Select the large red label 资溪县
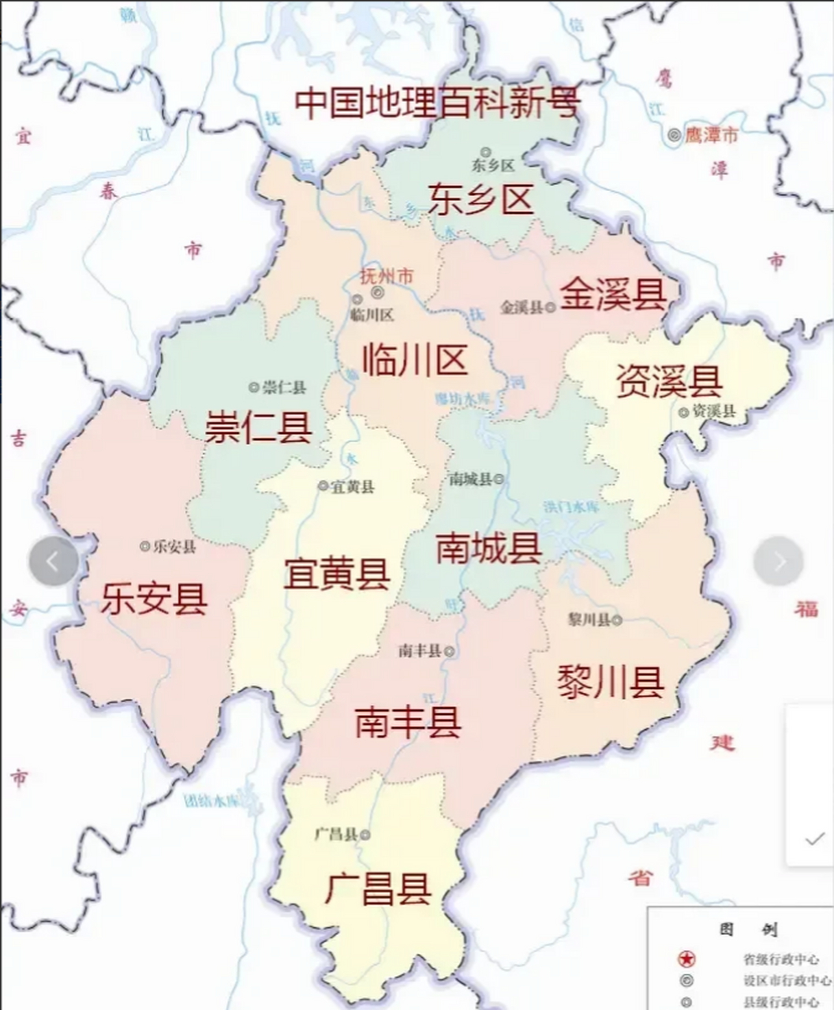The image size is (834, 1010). (x=669, y=381)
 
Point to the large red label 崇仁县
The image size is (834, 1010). (x=259, y=427)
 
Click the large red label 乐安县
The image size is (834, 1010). (x=154, y=598)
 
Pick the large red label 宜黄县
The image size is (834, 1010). (x=337, y=574)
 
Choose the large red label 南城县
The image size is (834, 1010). (x=489, y=548)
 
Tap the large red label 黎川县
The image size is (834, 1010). (x=611, y=681)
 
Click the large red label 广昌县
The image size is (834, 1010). (x=378, y=889)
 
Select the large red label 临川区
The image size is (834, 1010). (x=415, y=361)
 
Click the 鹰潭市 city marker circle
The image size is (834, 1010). (x=674, y=135)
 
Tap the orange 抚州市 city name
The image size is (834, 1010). (x=386, y=277)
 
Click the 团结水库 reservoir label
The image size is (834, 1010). (x=211, y=802)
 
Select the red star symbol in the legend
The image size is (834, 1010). (x=687, y=959)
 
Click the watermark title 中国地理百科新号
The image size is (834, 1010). (x=438, y=103)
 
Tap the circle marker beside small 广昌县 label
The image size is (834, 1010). (x=365, y=834)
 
